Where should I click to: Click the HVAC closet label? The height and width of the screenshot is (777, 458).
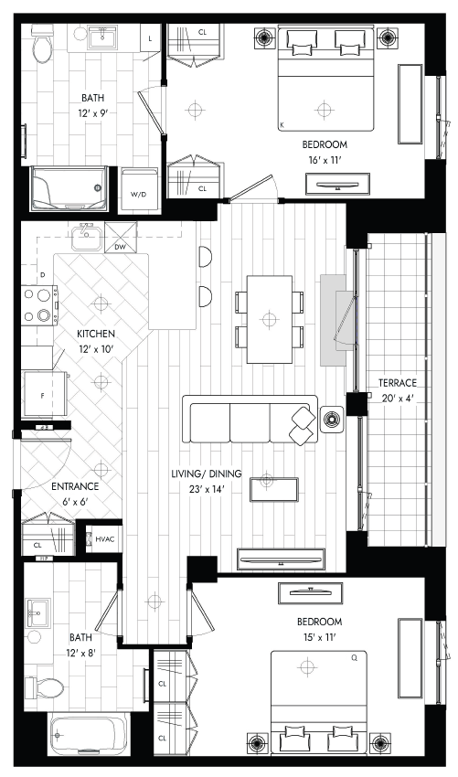(104, 538)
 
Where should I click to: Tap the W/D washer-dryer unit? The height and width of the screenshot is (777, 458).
(139, 191)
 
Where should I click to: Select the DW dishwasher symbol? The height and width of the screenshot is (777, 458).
(120, 238)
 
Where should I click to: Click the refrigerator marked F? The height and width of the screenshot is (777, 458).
(46, 394)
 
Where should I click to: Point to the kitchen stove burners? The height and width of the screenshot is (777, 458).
(40, 304)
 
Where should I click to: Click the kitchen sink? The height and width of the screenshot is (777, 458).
(87, 238)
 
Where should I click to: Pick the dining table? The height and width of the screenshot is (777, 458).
(269, 319)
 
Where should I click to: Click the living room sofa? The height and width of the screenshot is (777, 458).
(250, 419)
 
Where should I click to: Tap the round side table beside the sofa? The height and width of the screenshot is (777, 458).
(332, 419)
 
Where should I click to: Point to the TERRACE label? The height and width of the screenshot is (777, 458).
(397, 383)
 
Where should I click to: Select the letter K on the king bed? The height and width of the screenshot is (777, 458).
(282, 125)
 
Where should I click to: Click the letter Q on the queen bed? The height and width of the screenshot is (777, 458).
(355, 658)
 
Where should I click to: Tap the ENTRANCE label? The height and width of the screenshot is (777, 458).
(75, 486)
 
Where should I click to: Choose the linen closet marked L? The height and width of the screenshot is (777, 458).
(150, 39)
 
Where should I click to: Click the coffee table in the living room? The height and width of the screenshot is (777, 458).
(274, 489)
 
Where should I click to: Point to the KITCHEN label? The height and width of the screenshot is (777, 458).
(96, 334)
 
